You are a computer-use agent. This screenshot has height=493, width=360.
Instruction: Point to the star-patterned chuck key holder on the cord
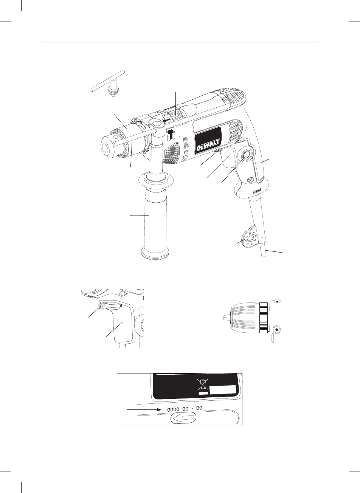(249, 241)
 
